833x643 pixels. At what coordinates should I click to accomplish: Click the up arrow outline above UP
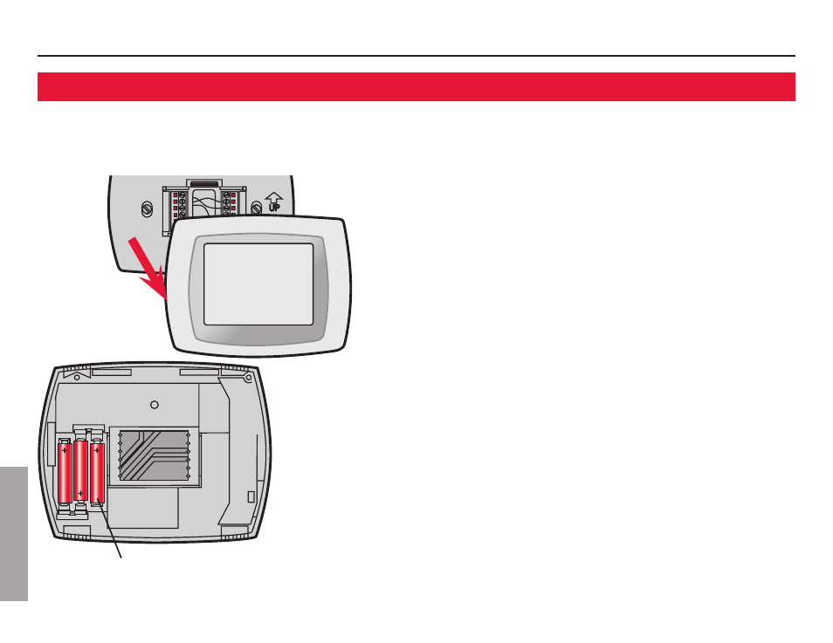pos(273,196)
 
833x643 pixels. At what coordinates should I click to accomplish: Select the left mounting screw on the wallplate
pos(148,209)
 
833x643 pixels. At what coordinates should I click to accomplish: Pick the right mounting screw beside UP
pos(256,209)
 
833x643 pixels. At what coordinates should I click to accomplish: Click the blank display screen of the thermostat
pos(258,284)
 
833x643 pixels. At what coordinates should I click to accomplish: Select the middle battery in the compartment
pos(80,472)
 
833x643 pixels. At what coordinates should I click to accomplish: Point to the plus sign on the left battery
pos(65,450)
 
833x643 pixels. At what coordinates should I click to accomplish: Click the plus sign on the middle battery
pos(80,494)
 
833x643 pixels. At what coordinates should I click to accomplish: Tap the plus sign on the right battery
pos(96,450)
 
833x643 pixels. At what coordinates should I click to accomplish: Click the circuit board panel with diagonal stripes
pos(153,455)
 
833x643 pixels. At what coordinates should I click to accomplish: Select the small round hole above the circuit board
pos(154,404)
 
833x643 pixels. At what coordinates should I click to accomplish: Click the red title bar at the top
pos(416,86)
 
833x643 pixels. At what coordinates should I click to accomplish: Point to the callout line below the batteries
pos(111,531)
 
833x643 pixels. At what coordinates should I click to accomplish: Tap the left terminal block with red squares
pos(180,204)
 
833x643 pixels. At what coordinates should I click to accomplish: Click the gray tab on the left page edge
pos(14,532)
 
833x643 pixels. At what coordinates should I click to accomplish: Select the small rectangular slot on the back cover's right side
pos(251,496)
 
